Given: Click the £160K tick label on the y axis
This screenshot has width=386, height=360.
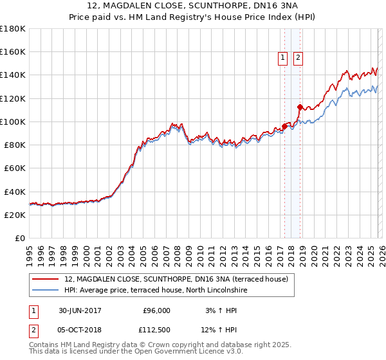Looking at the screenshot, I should [x=13, y=52].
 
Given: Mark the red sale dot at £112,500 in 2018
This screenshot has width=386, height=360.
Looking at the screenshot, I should [x=300, y=107].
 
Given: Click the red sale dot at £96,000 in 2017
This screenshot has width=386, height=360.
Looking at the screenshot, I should [x=285, y=126].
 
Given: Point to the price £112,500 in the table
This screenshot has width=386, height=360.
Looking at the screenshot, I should [x=156, y=330].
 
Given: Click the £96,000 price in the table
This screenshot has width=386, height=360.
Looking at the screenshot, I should [x=156, y=310].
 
